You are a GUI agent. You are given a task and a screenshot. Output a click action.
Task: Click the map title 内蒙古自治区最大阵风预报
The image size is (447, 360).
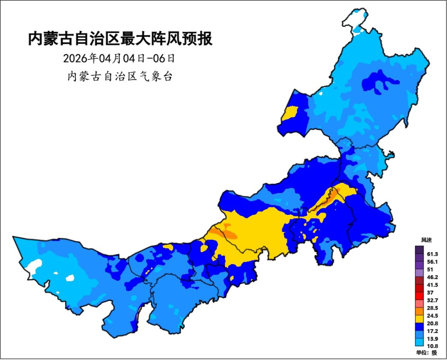tap(120, 39)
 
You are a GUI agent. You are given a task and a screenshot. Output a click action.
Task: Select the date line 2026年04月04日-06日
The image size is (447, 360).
tap(120, 59)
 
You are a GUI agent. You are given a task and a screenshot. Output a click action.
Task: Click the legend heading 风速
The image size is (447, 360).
tap(426, 240)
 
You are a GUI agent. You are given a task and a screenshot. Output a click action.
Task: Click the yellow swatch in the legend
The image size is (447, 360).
tap(420, 320)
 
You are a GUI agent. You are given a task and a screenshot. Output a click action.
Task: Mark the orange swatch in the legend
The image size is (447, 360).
tap(420, 312)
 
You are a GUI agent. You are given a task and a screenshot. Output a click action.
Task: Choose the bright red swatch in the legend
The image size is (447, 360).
tap(420, 296)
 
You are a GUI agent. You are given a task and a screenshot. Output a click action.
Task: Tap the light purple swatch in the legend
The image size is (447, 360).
tap(420, 273)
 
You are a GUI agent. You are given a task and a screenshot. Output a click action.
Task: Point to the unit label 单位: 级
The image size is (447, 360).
tap(427, 353)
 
